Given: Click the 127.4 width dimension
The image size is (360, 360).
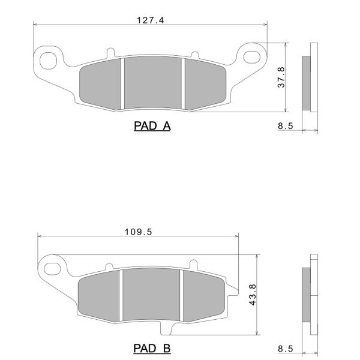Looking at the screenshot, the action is coord(151,20).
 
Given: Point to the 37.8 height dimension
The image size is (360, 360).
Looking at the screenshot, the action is coord(281,77).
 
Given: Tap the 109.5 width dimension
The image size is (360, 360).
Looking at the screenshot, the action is coord(138,232).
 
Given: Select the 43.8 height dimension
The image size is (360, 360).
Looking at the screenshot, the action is coord(253,295).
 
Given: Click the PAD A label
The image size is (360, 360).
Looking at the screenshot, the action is coord(152,126).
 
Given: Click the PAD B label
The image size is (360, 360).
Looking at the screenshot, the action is coord(152,348).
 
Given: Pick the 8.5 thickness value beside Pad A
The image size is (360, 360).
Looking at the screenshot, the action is coord(286,126).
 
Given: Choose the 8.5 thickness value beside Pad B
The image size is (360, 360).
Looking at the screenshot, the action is coord(286,349).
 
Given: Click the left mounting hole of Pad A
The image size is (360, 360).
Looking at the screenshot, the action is coord(48,61).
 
